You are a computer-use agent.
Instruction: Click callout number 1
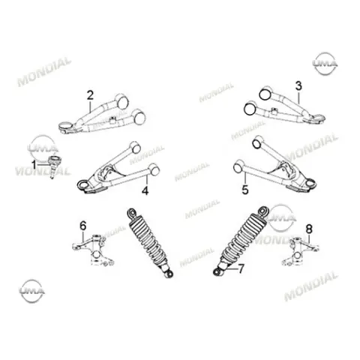34,165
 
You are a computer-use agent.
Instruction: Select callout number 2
90,95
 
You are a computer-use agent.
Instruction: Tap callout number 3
298,86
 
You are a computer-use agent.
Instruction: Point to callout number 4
145,190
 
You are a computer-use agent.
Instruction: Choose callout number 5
245,190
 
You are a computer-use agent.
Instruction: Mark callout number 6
83,226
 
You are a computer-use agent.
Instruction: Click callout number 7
241,269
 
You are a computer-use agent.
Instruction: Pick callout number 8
309,229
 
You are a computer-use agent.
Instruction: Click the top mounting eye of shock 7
264,211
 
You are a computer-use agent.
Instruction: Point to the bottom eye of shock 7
217,272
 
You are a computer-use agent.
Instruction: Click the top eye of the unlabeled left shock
132,213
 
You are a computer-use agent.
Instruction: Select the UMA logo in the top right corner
325,64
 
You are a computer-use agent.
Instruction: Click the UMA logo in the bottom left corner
32,291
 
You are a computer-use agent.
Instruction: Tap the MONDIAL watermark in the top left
44,72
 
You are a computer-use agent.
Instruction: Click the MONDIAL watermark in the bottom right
310,286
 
